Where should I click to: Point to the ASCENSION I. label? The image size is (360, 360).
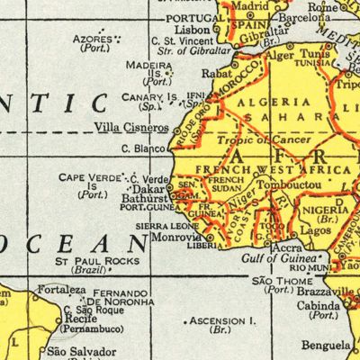click(221, 320)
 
